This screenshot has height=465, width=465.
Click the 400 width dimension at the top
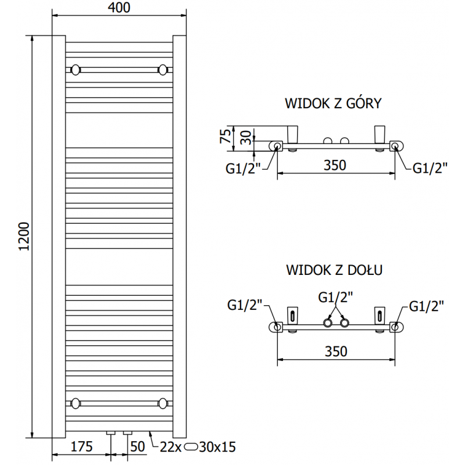tap(119, 8)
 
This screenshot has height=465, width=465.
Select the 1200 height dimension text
tap(24, 237)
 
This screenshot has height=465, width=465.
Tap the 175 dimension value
tap(82, 447)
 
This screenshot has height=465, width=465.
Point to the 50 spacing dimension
tap(137, 447)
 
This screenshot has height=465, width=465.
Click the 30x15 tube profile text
tap(217, 447)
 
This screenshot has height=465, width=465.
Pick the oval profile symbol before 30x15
tap(191, 447)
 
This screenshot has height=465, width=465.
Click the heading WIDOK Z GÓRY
tap(333, 103)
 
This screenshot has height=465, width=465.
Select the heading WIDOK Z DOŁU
tap(334, 270)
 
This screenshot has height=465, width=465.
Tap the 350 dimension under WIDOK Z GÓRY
tap(335, 165)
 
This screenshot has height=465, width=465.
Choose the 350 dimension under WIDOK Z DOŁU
tap(335, 351)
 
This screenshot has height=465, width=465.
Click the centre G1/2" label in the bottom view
tap(337, 298)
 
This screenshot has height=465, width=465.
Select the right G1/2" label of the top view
tap(430, 168)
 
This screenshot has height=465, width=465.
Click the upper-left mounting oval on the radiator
tap(75, 70)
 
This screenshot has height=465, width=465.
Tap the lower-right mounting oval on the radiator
tap(163, 402)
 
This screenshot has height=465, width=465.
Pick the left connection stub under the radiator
tap(110, 433)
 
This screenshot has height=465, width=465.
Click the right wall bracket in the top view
tap(381, 134)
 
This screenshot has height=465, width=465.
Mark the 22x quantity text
tap(171, 447)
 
